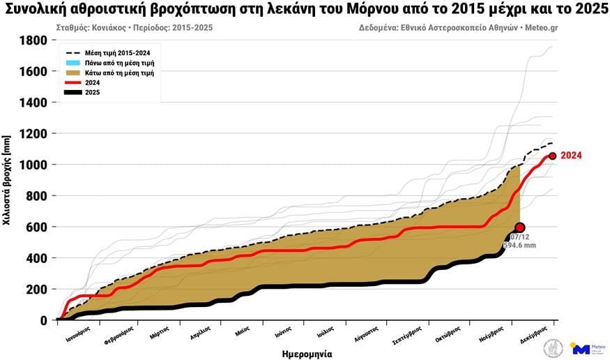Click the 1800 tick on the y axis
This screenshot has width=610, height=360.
click(33, 40)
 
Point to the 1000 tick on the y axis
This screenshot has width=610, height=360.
click(33, 165)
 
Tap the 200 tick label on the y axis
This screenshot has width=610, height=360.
click(38, 289)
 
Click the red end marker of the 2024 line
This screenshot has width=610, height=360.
click(552, 156)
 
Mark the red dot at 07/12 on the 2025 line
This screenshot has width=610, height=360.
click(519, 227)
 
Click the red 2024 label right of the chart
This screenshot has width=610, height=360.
click(571, 156)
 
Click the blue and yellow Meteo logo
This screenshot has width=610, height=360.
click(581, 347)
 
